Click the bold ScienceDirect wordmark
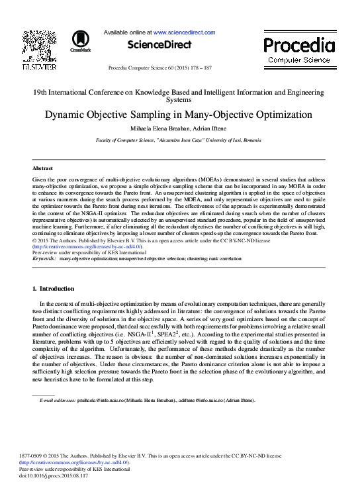pyautogui.click(x=159, y=45)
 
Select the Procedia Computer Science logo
pyautogui.click(x=298, y=50)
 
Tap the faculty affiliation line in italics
pyautogui.click(x=179, y=140)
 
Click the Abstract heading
pyautogui.click(x=42, y=169)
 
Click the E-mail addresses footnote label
pyautogui.click(x=58, y=400)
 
